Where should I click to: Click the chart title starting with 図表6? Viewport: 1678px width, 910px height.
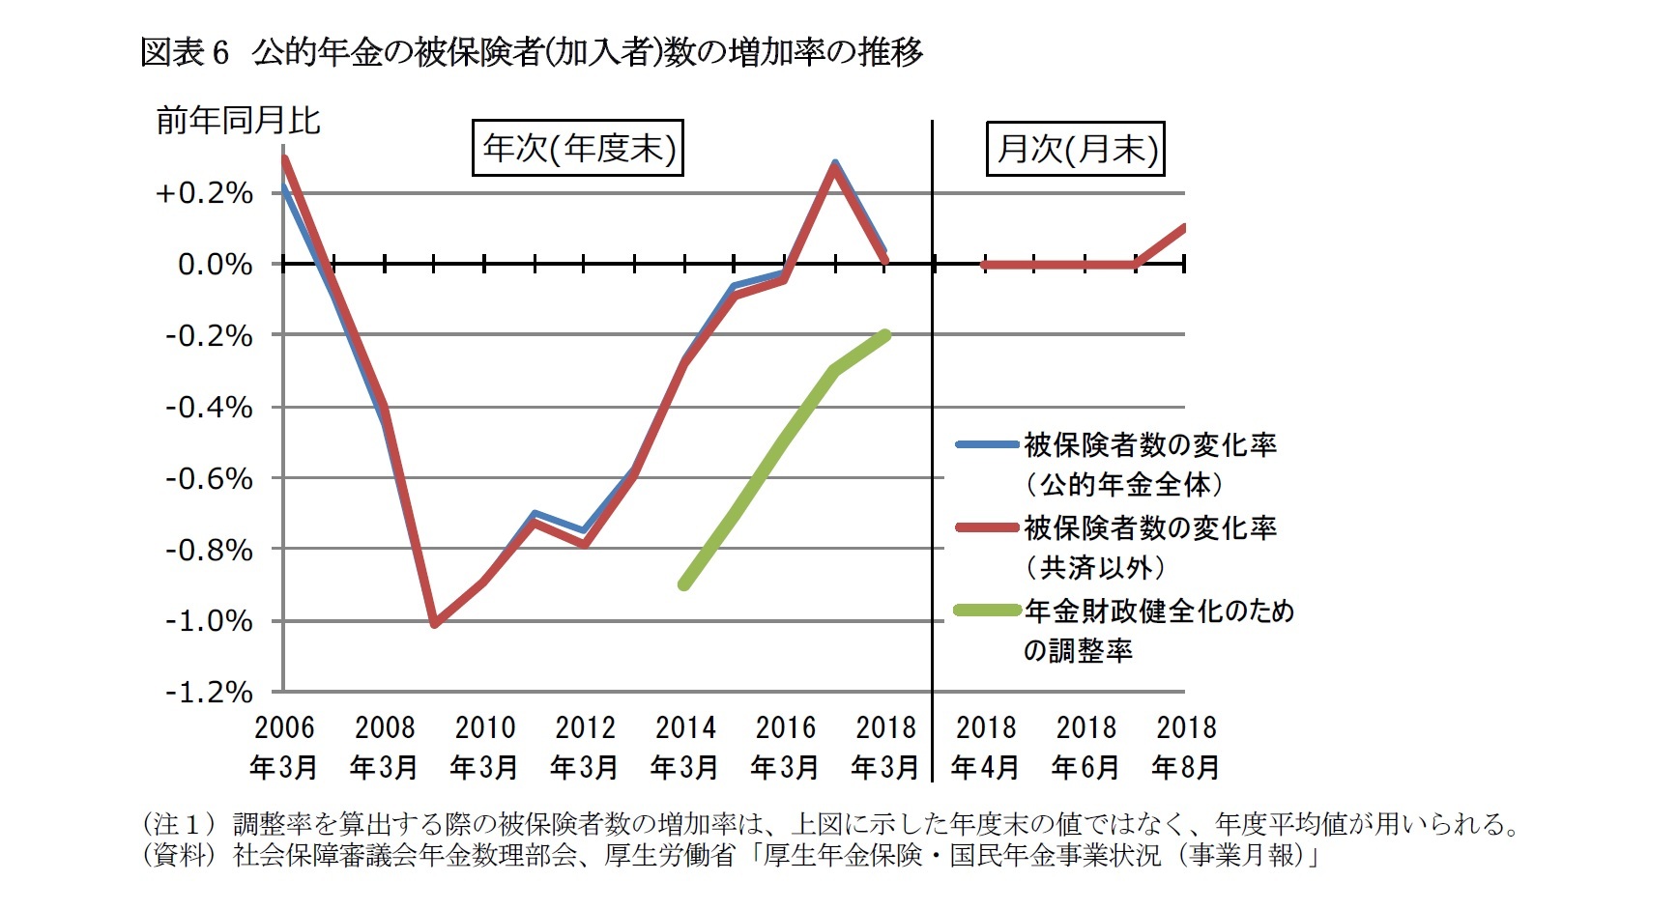point(532,52)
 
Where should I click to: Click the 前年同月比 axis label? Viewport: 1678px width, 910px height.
point(238,121)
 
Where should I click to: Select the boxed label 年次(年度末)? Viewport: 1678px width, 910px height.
point(578,148)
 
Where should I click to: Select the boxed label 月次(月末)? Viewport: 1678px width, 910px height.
point(1076,149)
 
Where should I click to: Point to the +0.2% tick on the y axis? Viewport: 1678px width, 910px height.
point(204,192)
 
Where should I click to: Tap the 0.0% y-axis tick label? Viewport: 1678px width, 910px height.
point(215,264)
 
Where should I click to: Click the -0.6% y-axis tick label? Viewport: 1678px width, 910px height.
point(209,478)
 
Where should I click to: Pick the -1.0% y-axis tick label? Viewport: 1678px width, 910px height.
point(209,620)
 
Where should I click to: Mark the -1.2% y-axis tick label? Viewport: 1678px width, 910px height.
point(209,692)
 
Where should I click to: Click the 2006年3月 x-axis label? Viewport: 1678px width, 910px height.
point(283,747)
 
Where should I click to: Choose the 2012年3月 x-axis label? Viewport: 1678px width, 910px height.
point(584,747)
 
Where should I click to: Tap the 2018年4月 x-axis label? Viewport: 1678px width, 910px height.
point(985,747)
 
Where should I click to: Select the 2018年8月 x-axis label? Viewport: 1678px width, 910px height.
point(1186,747)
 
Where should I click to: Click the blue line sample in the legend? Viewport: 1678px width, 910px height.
point(987,444)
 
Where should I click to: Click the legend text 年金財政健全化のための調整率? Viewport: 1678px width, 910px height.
point(1158,629)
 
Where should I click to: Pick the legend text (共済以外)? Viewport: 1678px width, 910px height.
point(1095,567)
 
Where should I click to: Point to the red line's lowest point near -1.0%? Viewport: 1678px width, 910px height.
point(434,624)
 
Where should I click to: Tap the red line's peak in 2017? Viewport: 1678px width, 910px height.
point(834,167)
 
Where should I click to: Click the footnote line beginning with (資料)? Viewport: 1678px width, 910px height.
point(731,855)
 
